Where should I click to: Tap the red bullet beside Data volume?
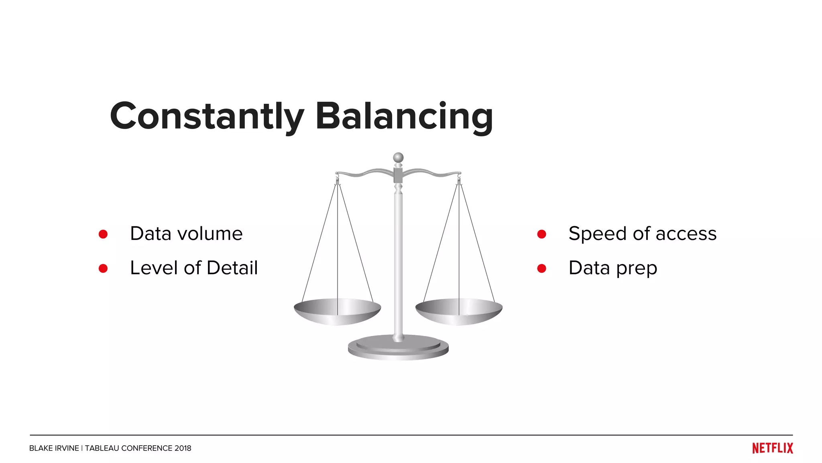pyautogui.click(x=103, y=234)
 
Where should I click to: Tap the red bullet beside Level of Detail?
pyautogui.click(x=103, y=268)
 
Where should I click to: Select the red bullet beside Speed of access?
pyautogui.click(x=541, y=234)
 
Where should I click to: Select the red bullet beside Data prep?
pyautogui.click(x=541, y=268)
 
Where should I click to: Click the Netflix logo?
pyautogui.click(x=772, y=448)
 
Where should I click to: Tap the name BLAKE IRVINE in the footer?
pyautogui.click(x=54, y=448)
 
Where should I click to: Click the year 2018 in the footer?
pyautogui.click(x=183, y=448)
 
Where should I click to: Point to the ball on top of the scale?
pyautogui.click(x=398, y=157)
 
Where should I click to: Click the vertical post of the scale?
pyautogui.click(x=398, y=261)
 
